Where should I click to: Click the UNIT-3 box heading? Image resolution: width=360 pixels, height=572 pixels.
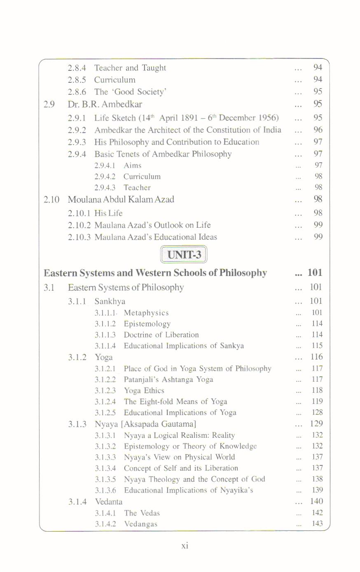tap(184, 254)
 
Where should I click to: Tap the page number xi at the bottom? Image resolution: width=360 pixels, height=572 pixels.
tap(185, 545)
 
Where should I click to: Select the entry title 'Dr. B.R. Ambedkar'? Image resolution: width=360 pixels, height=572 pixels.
tap(105, 104)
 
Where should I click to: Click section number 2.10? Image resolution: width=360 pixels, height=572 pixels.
tap(51, 200)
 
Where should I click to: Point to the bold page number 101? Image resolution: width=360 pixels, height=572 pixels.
tap(315, 272)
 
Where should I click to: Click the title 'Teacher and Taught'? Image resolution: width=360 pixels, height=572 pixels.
tap(130, 68)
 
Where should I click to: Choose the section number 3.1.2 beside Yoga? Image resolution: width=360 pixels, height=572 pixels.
tap(77, 357)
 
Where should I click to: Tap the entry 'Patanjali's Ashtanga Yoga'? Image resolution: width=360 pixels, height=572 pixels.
tap(168, 379)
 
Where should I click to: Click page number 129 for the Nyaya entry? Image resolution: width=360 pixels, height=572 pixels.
tap(316, 423)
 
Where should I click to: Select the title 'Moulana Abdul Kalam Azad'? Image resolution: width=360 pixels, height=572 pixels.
tap(121, 200)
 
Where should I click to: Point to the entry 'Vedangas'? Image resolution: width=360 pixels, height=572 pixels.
tap(140, 524)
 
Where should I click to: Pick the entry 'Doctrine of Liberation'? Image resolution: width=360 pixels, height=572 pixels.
tap(161, 335)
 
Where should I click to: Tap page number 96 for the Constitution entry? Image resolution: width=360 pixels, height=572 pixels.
tap(318, 130)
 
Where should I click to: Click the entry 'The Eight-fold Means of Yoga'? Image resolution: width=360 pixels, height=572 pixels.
tap(175, 402)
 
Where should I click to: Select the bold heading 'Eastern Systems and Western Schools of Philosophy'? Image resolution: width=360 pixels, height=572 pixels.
tap(155, 273)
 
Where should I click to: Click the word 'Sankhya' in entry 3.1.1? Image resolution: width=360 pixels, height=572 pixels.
tap(110, 301)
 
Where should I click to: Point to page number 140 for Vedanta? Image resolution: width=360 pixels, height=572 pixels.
tap(316, 501)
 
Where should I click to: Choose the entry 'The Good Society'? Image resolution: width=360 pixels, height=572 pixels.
tap(130, 92)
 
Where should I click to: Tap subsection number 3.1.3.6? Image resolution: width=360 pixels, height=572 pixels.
tap(105, 490)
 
